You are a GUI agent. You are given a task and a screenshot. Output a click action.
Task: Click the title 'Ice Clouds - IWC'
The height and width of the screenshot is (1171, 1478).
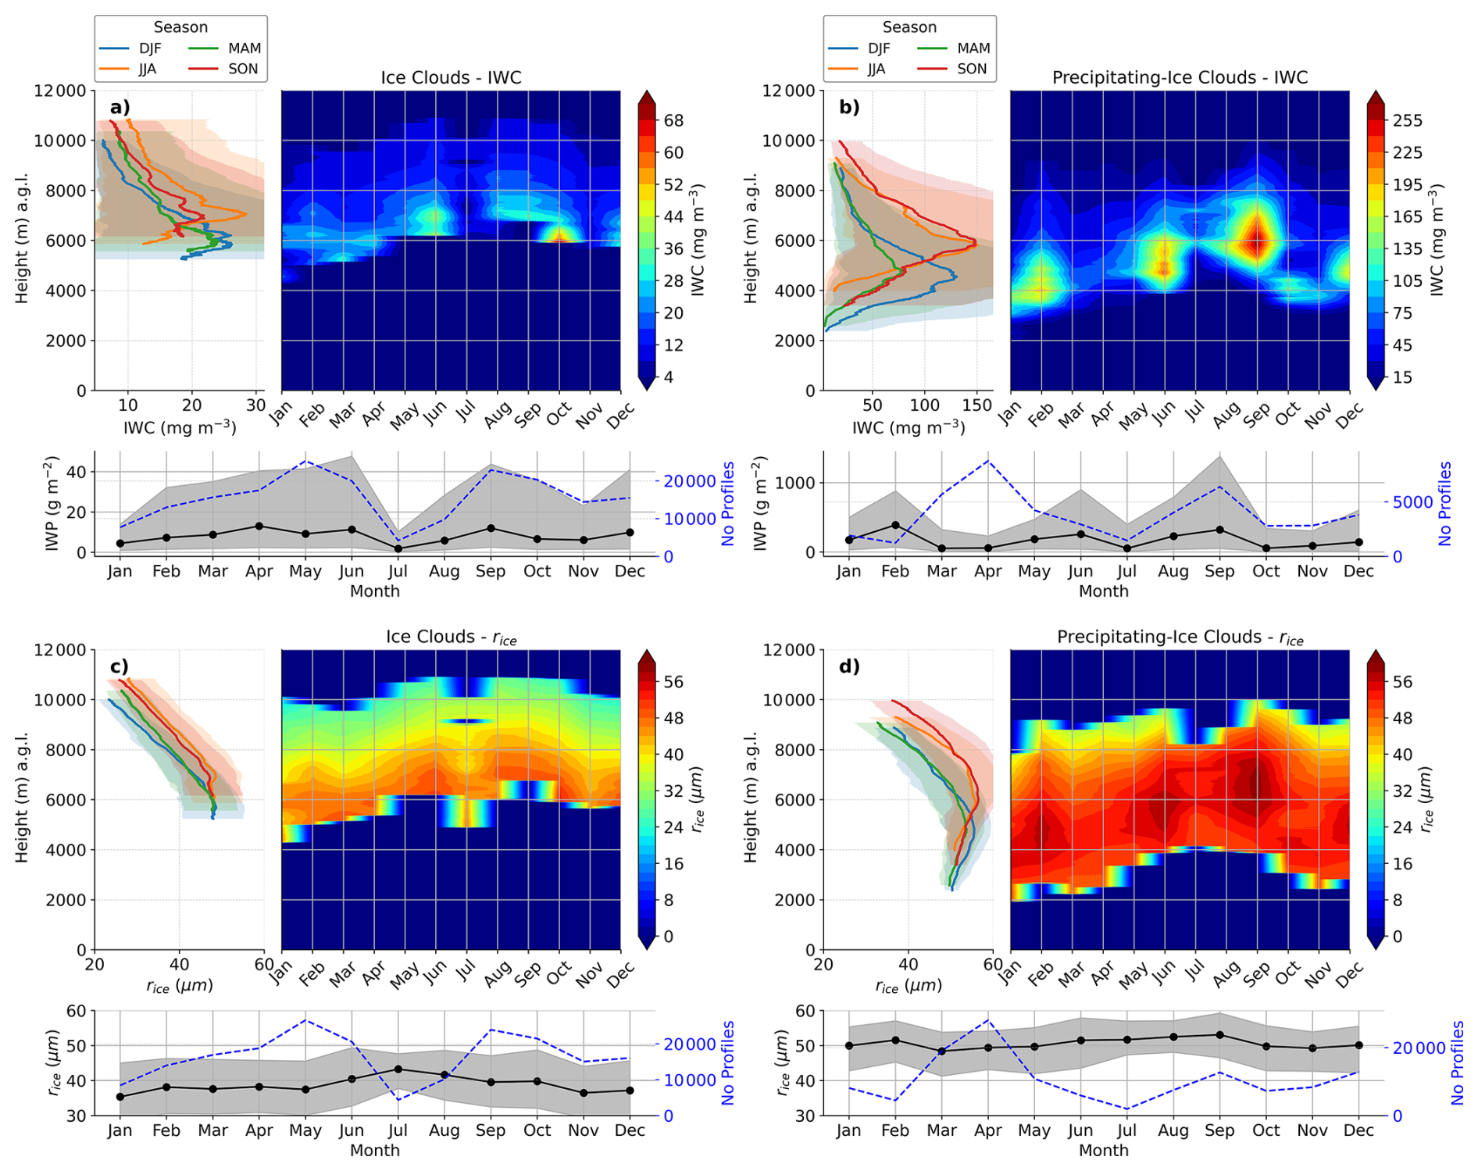(451, 77)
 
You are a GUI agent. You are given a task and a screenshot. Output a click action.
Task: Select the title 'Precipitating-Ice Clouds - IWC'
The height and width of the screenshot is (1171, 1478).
(1180, 77)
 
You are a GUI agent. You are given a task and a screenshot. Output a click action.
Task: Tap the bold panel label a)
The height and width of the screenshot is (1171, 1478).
(120, 107)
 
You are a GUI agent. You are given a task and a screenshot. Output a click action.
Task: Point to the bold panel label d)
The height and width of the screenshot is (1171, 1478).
(849, 666)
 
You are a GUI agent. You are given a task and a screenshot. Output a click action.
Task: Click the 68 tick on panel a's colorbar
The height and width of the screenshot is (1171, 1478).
(673, 120)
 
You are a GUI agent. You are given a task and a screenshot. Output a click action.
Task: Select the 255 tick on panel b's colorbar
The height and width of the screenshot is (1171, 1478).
(1407, 120)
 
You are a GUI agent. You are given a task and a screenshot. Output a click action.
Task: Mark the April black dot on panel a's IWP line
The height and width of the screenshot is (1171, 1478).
(259, 526)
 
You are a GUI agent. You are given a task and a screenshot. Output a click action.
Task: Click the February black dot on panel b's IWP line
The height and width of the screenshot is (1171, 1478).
(895, 525)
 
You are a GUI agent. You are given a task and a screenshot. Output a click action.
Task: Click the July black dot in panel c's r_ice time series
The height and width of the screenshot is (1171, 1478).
(398, 1069)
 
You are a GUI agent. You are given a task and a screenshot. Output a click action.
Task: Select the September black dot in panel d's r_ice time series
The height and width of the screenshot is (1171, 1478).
(1220, 1034)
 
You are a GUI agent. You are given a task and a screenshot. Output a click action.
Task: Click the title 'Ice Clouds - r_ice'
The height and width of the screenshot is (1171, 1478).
(451, 637)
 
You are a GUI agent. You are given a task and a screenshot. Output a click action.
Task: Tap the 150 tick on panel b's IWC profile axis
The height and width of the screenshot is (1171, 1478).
(976, 405)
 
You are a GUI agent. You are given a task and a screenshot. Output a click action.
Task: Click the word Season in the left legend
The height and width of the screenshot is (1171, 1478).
(180, 27)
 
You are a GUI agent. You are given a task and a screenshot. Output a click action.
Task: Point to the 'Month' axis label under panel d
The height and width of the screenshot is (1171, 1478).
(1103, 1150)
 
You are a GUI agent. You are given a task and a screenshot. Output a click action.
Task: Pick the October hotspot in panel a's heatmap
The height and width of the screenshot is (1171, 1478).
(559, 233)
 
